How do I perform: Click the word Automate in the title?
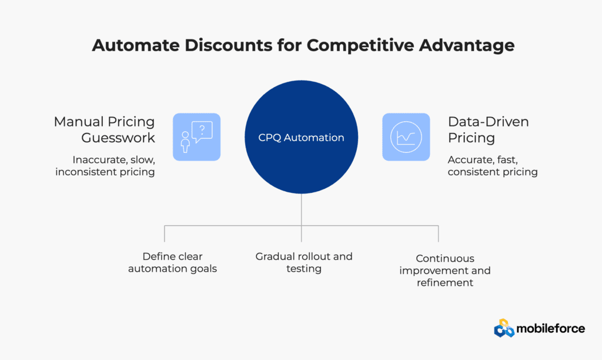tap(136, 45)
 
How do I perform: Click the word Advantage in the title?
tap(466, 46)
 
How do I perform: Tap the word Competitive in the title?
tap(360, 46)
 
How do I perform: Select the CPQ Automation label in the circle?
tap(301, 138)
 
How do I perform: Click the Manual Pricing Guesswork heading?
tap(105, 129)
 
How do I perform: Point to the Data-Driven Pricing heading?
tap(489, 129)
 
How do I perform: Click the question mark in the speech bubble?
tap(202, 129)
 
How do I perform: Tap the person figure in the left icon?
tap(185, 142)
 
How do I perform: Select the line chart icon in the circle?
tap(406, 137)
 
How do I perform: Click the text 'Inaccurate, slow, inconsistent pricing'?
tap(105, 166)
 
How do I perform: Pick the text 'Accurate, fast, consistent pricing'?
tap(493, 166)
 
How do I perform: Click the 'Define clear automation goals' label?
tap(172, 262)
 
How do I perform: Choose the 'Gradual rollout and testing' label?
tap(304, 262)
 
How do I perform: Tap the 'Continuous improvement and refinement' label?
tap(445, 271)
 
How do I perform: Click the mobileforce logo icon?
tap(504, 328)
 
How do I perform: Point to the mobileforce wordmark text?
tap(550, 328)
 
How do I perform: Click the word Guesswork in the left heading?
tap(118, 138)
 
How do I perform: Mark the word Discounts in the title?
tap(229, 45)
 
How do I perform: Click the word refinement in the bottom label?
tap(445, 283)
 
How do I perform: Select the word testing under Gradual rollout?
tap(304, 269)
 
